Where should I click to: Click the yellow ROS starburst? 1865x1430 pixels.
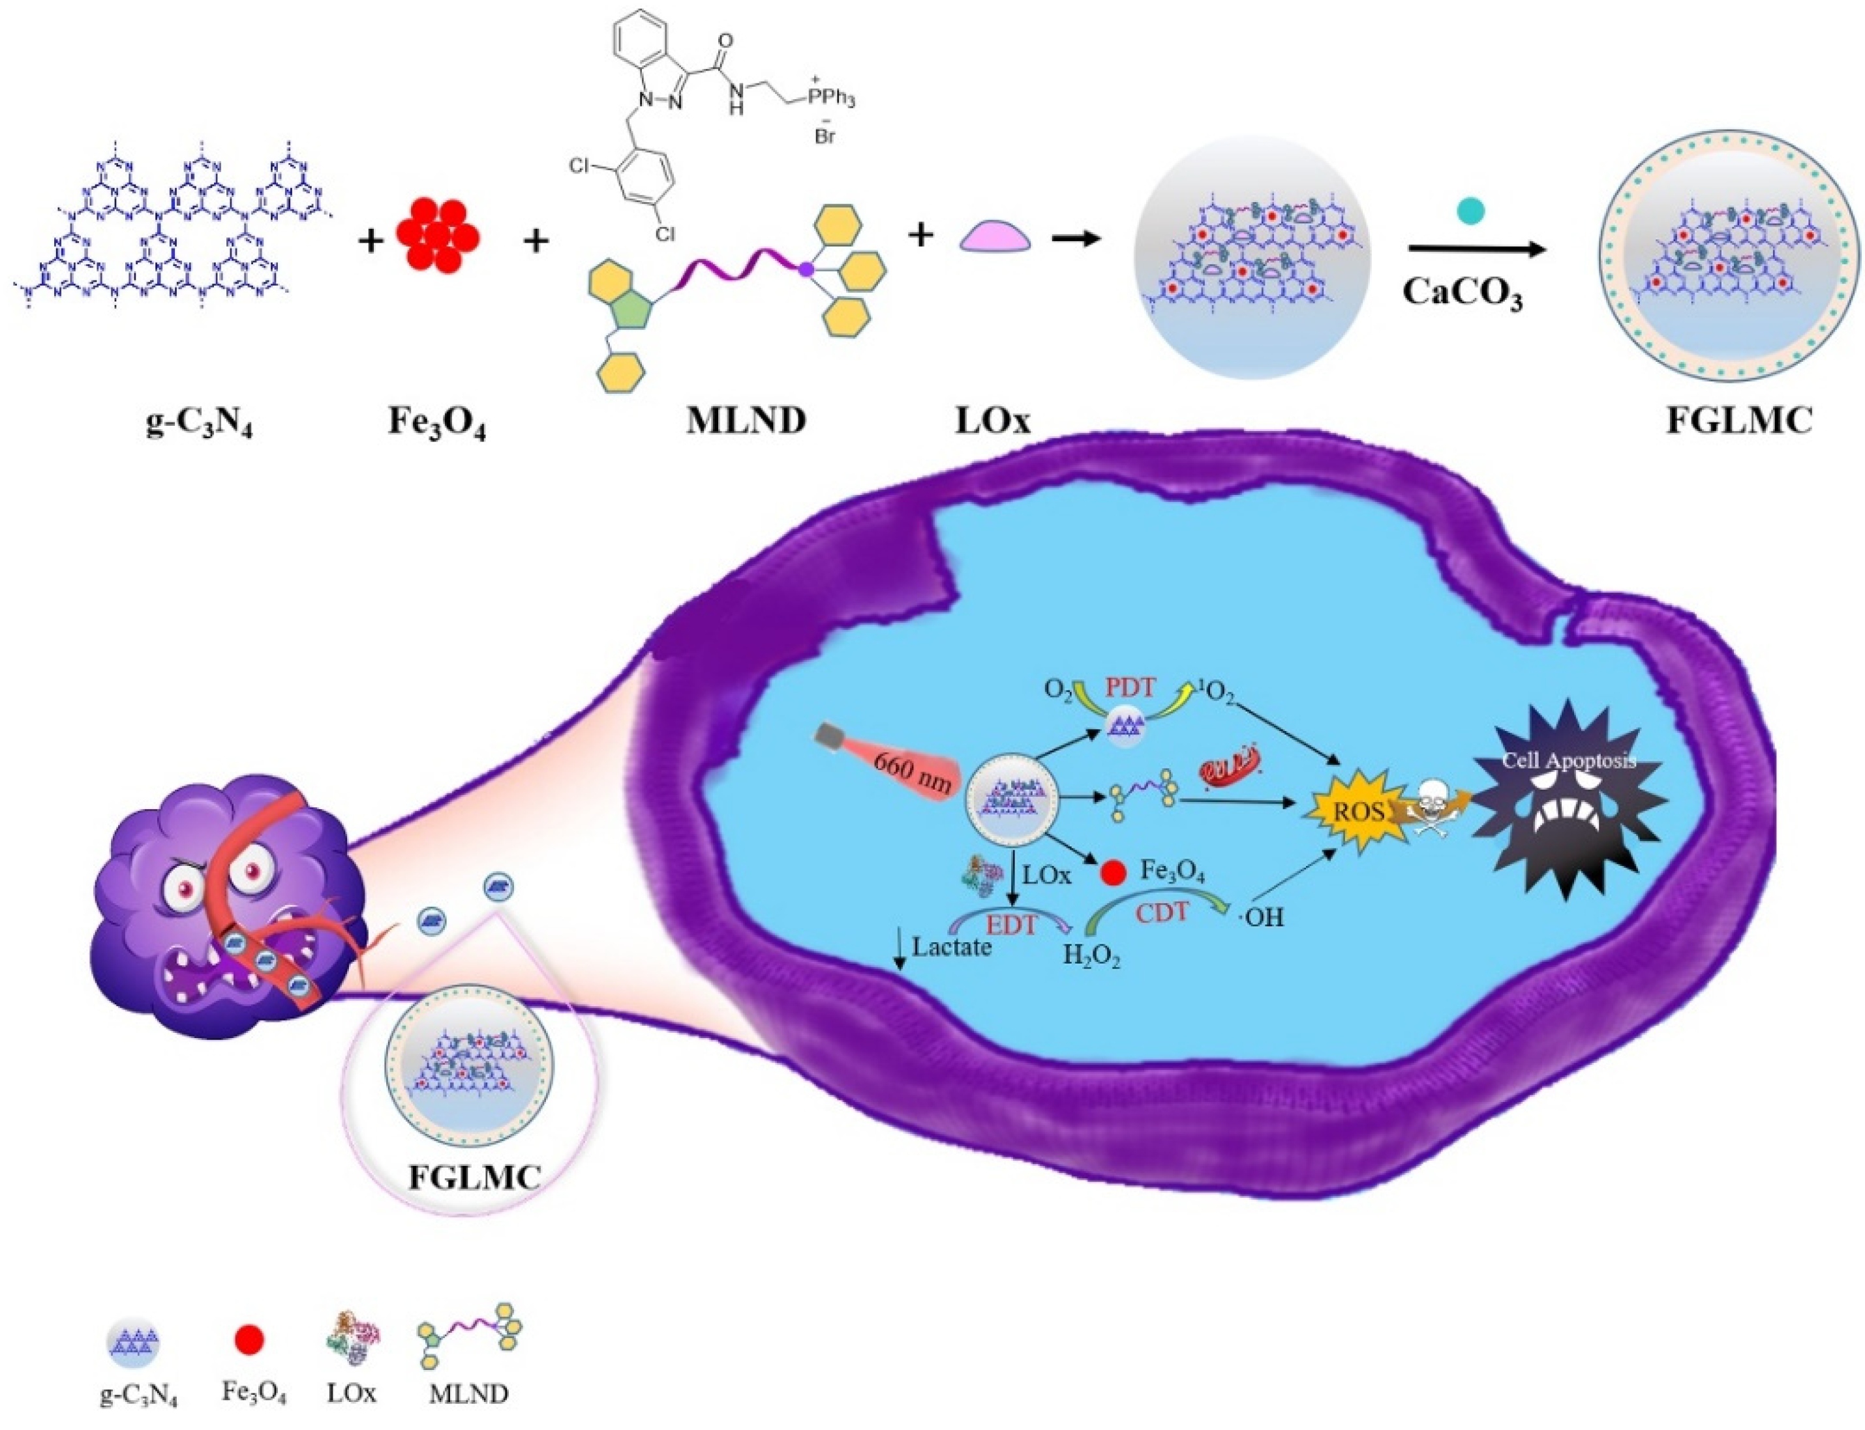(x=1357, y=811)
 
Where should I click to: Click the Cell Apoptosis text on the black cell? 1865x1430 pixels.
(x=1568, y=760)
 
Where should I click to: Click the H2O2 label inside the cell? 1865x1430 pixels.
(x=1090, y=957)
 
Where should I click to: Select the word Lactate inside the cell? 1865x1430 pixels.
(x=951, y=947)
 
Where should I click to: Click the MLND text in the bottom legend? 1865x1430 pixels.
(x=468, y=1394)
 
